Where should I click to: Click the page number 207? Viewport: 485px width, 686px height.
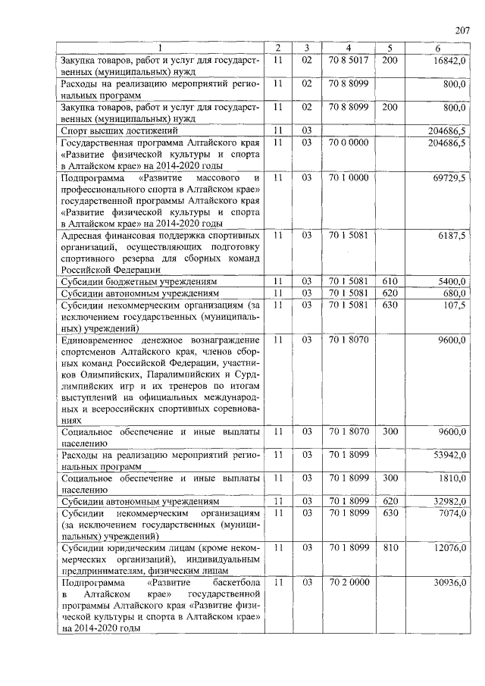coord(462,30)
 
